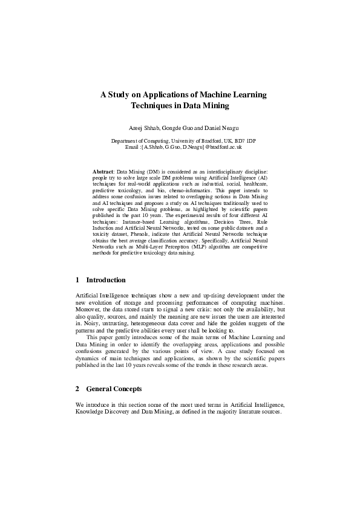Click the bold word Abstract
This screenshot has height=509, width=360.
[103, 172]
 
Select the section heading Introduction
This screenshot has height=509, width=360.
[106, 280]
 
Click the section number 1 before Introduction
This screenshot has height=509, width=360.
[78, 280]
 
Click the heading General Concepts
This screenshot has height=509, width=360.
[114, 388]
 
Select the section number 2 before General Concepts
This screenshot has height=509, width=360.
[78, 388]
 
